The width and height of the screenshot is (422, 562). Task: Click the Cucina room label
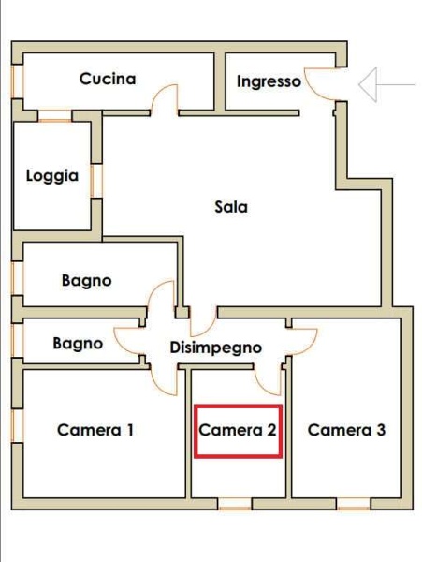(x=108, y=79)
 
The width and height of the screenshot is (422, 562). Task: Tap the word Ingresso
(x=269, y=81)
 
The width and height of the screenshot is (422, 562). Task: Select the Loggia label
(x=52, y=175)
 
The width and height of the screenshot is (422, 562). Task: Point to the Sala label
(x=231, y=207)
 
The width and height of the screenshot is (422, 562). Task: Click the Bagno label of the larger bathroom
(x=87, y=280)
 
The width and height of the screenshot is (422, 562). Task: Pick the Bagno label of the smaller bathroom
(x=78, y=344)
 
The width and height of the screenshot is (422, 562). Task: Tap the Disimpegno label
(x=216, y=348)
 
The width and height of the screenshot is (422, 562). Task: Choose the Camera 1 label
(x=95, y=430)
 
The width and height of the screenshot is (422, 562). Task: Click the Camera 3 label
(x=346, y=430)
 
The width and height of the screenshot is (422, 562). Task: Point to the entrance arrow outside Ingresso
(x=386, y=85)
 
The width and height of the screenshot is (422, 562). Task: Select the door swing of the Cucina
(x=165, y=98)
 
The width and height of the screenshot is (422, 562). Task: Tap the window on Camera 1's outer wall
(x=16, y=426)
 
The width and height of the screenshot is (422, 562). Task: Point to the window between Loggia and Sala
(x=96, y=178)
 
